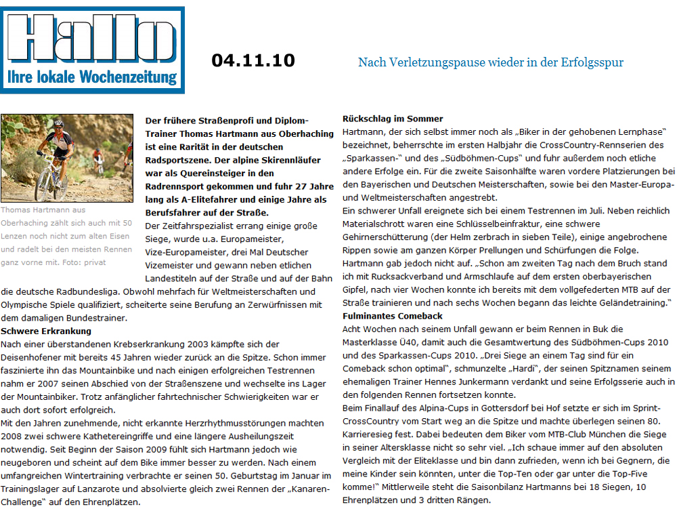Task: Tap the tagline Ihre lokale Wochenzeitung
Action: pos(92,77)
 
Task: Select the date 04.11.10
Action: pos(253,60)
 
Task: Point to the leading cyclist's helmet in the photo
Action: pos(58,124)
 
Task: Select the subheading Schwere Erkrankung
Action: pos(46,331)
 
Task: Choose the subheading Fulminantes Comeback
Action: pos(393,316)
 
